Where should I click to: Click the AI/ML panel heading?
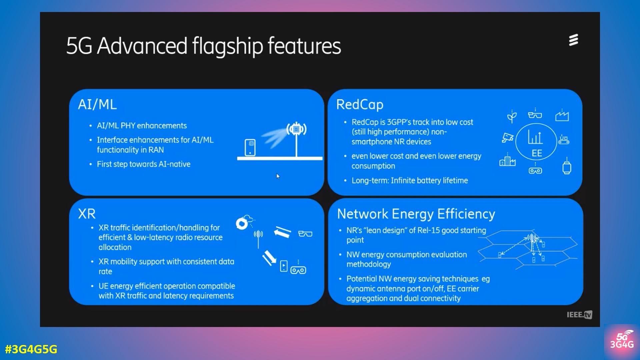[97, 105]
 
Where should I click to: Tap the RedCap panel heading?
[360, 105]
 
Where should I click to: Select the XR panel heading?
[87, 214]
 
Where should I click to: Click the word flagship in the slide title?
[227, 46]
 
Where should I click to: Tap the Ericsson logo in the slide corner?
[573, 40]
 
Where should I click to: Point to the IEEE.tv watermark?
[579, 315]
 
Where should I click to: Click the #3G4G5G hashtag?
[31, 349]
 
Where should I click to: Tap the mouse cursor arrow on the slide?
[278, 176]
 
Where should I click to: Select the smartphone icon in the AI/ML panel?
[250, 147]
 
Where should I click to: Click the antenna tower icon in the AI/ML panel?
[296, 137]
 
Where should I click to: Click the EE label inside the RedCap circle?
[537, 153]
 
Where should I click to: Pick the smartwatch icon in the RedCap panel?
[567, 167]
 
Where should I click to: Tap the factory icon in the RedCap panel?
[562, 115]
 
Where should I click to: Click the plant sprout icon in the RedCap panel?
[512, 116]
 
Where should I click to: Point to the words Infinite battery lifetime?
[429, 181]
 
